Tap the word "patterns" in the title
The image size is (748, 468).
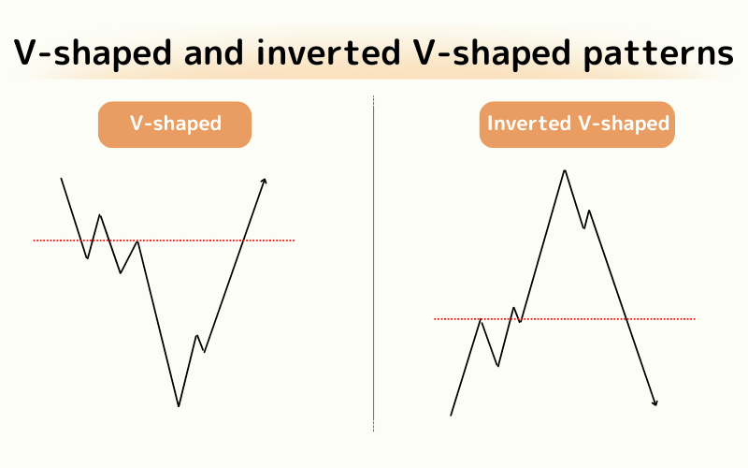[x=658, y=54]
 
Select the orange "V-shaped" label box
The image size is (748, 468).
[x=175, y=124]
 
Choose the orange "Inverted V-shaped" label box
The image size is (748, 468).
[x=577, y=124]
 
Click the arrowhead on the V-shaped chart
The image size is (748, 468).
[x=265, y=181]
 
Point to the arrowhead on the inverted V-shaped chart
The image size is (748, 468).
[x=655, y=403]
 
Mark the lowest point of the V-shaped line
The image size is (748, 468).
[x=179, y=406]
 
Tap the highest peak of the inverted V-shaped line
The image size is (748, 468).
[x=565, y=170]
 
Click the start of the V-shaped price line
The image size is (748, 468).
[x=61, y=178]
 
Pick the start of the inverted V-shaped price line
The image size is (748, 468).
[x=451, y=416]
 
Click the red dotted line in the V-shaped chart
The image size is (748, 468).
[x=164, y=241]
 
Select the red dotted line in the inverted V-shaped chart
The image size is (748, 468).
[x=565, y=318]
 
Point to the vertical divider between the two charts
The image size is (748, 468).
[x=373, y=264]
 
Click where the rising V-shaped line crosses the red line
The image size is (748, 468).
[x=242, y=241]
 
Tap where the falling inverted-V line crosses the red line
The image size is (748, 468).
[x=626, y=318]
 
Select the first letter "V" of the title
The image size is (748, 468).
[x=26, y=52]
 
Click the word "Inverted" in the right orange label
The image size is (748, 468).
[x=529, y=124]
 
